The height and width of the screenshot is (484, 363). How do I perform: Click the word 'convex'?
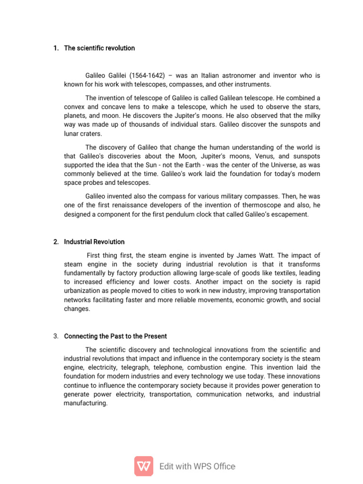[x=75, y=107]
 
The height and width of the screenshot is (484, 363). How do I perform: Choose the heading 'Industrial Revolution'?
[x=94, y=242]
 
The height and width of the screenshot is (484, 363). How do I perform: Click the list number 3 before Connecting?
[x=56, y=337]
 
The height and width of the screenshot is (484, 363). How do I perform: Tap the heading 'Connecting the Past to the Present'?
[x=115, y=337]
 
